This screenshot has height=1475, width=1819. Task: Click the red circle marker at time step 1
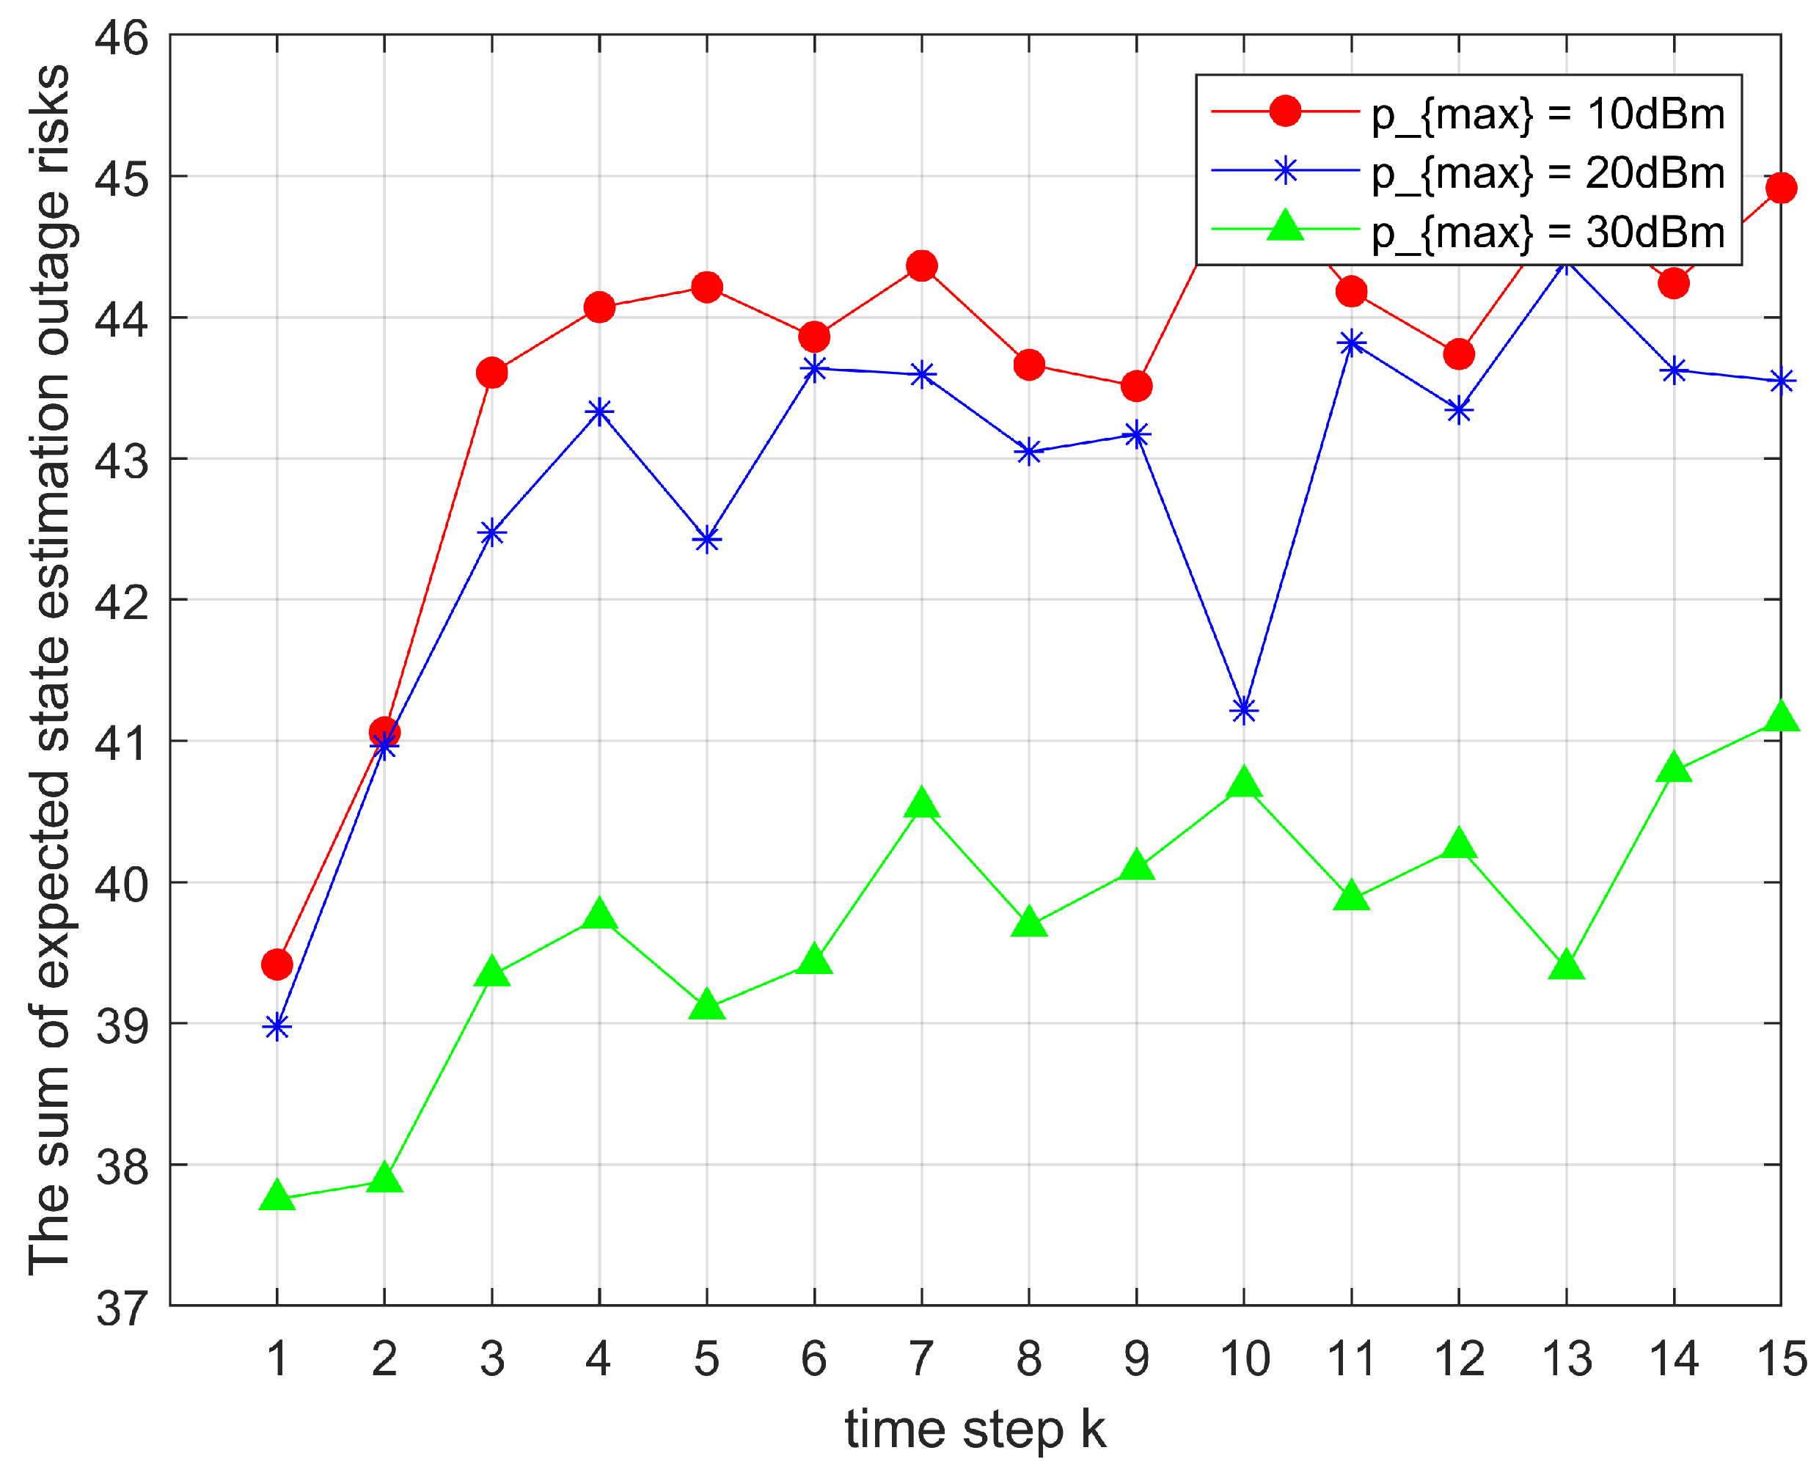tap(277, 965)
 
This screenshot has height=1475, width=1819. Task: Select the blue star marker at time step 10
tap(1244, 709)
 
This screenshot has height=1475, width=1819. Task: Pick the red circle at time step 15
tap(1781, 188)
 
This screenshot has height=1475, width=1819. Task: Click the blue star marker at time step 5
tap(707, 540)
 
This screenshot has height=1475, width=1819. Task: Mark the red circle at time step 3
tap(492, 372)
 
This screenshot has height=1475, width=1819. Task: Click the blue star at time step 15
tap(1781, 381)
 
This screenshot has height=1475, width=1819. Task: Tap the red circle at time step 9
tap(1137, 386)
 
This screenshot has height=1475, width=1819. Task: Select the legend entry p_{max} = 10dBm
tap(1548, 114)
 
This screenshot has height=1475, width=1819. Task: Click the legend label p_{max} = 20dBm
tap(1548, 173)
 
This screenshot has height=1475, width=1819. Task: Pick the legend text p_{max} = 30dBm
tap(1548, 232)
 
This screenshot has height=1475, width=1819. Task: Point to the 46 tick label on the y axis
tap(122, 37)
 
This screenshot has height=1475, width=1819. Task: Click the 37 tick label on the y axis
tap(122, 1309)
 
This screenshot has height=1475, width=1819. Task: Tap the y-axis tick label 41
tap(122, 742)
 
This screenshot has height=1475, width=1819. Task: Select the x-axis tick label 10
tap(1244, 1358)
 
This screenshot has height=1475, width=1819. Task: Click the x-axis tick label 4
tap(599, 1358)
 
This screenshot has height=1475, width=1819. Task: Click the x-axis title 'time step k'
tap(975, 1431)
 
